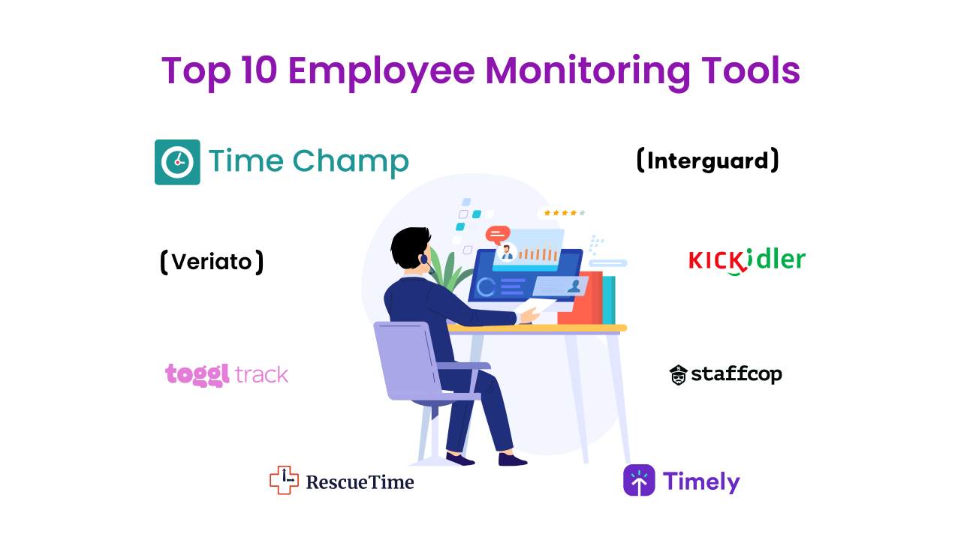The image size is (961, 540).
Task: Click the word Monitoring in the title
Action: pyautogui.click(x=587, y=71)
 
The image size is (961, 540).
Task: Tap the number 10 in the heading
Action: pyautogui.click(x=259, y=70)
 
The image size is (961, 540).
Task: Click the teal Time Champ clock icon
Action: pyautogui.click(x=177, y=162)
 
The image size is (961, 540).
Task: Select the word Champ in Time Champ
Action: pyautogui.click(x=351, y=163)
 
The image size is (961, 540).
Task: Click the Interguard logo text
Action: pyautogui.click(x=707, y=160)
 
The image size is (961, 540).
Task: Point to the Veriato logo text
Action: pyautogui.click(x=212, y=262)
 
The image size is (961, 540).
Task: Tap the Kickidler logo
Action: pyautogui.click(x=747, y=261)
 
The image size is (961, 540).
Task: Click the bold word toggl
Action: pyautogui.click(x=197, y=375)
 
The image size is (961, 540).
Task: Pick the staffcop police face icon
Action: pyautogui.click(x=678, y=375)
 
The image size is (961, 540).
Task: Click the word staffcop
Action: pyautogui.click(x=737, y=374)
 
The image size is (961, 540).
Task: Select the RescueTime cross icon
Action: pyautogui.click(x=284, y=480)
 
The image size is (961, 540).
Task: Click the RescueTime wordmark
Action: pyautogui.click(x=360, y=482)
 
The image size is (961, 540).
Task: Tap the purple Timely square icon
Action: pyautogui.click(x=639, y=480)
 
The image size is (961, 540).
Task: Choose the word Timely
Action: pyautogui.click(x=701, y=482)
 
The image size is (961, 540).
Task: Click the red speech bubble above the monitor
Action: pyautogui.click(x=498, y=235)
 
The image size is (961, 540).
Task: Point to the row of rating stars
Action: pyautogui.click(x=564, y=212)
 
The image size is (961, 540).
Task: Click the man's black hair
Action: pyautogui.click(x=410, y=247)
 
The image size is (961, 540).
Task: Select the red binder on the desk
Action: pyautogui.click(x=581, y=298)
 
